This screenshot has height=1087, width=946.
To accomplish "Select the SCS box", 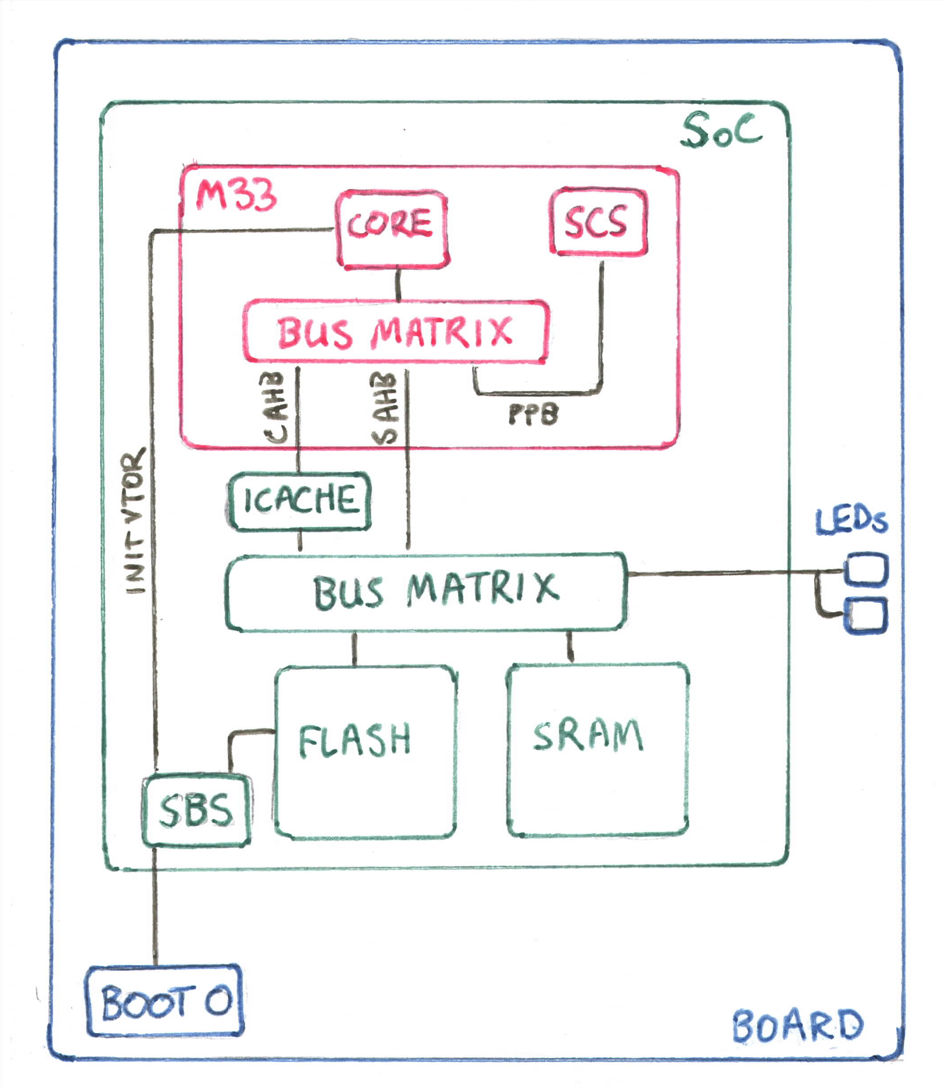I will click(x=598, y=222).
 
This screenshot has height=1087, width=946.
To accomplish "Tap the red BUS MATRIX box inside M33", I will click(x=395, y=331).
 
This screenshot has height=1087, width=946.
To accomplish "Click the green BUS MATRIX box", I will click(x=426, y=592).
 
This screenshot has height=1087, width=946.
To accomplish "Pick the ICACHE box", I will click(x=299, y=501).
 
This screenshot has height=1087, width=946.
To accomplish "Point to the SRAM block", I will click(x=597, y=750).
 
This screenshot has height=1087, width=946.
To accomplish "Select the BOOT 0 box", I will click(x=164, y=1001).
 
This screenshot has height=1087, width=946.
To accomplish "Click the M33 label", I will click(x=236, y=195).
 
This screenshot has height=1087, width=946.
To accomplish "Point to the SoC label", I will click(x=721, y=130).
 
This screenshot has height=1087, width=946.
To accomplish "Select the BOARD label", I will click(x=797, y=1026).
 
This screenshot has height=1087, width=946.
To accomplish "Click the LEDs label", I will click(x=851, y=522).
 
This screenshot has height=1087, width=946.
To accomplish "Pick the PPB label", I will click(x=533, y=414).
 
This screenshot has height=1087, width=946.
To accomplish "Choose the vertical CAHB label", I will click(x=275, y=407).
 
